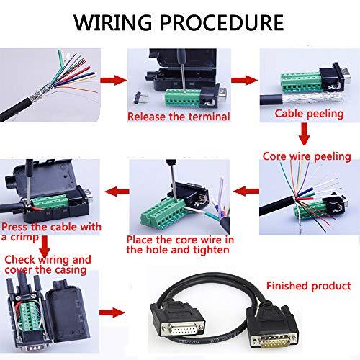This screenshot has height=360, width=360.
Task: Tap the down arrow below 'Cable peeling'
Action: tap(304, 133)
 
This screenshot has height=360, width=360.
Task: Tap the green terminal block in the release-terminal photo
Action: tap(177, 89)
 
